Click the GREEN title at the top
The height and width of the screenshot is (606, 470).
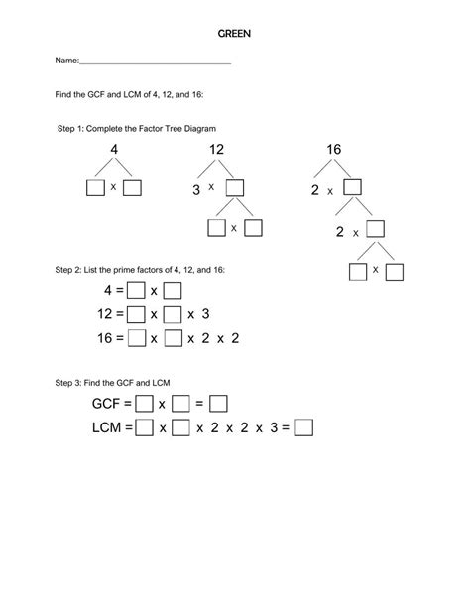pyautogui.click(x=235, y=33)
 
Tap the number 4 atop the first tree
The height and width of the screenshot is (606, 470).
pyautogui.click(x=114, y=150)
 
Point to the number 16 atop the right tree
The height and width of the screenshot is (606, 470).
pyautogui.click(x=334, y=150)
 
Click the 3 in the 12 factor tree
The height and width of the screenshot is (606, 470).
pyautogui.click(x=196, y=187)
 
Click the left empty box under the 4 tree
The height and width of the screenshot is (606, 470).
pyautogui.click(x=95, y=186)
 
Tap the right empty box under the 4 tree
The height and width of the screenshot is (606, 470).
pyautogui.click(x=133, y=186)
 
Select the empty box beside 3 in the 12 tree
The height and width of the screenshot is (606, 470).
pyautogui.click(x=235, y=186)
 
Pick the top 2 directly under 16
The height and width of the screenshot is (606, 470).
pyautogui.click(x=315, y=188)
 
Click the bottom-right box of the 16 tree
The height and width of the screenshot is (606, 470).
pyautogui.click(x=396, y=270)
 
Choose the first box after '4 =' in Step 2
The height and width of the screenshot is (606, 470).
pyautogui.click(x=136, y=291)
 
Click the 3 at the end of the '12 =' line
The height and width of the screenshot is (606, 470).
pyautogui.click(x=205, y=314)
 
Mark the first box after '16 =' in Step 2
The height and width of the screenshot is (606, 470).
pyautogui.click(x=136, y=338)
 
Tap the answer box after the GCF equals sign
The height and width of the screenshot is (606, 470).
pyautogui.click(x=219, y=404)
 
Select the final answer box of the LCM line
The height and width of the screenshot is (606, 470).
pyautogui.click(x=304, y=428)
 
